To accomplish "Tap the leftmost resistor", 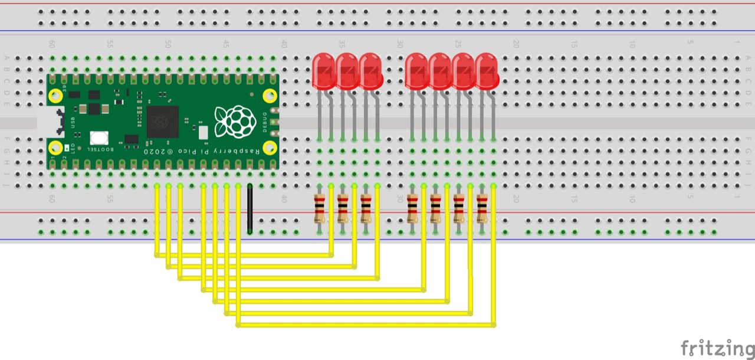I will tap(320, 208).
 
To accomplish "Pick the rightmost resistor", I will tap(482, 208).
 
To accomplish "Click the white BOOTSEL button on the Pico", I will tap(99, 138).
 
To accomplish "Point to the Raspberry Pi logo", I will tap(228, 122).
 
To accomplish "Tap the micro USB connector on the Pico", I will tap(47, 121).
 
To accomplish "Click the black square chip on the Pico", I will tap(162, 121).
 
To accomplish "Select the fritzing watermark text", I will tap(717, 348).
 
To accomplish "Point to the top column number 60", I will tap(52, 44).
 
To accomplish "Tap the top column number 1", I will tap(736, 44).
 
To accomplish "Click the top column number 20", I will tap(516, 44).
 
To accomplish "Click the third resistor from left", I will tap(366, 208).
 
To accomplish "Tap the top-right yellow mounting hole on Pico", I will tap(270, 94).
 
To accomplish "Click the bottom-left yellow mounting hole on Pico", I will tap(56, 148).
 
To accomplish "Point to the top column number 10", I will tap(632, 44).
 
